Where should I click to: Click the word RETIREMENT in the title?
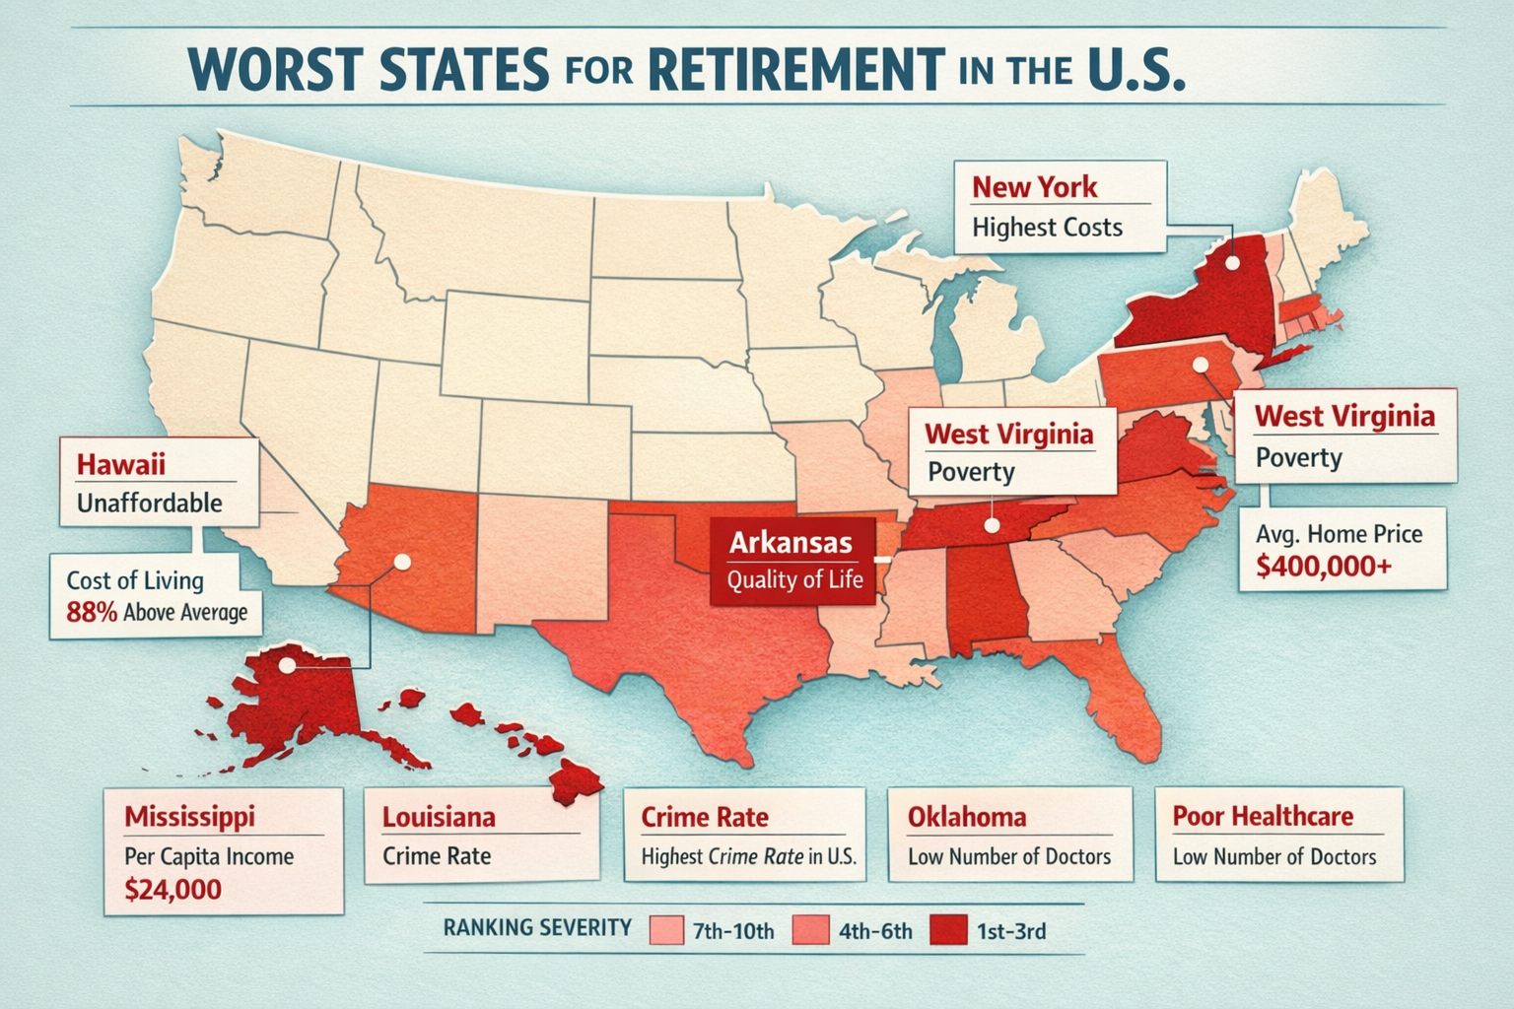[x=793, y=68]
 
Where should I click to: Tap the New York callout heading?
[x=1034, y=186]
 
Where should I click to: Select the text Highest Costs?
[x=1047, y=228]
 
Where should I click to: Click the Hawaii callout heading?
[x=120, y=463]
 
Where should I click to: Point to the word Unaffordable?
[x=150, y=504]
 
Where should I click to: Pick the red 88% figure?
[x=92, y=612]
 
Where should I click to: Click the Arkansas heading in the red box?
[x=791, y=542]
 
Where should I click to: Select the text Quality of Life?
[x=794, y=579]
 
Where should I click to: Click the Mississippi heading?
[x=189, y=816]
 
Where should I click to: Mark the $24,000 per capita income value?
[x=173, y=890]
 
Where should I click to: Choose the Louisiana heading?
[x=439, y=817]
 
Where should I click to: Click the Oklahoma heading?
[x=966, y=817]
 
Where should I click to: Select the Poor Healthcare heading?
[x=1263, y=816]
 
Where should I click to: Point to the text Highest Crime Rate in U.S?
[x=748, y=857]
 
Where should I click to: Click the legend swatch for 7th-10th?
[x=667, y=931]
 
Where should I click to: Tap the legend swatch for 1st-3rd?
[x=948, y=931]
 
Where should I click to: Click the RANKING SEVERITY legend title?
[x=537, y=928]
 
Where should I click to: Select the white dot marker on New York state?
[x=1232, y=263]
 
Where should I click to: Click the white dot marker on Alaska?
[x=286, y=665]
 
